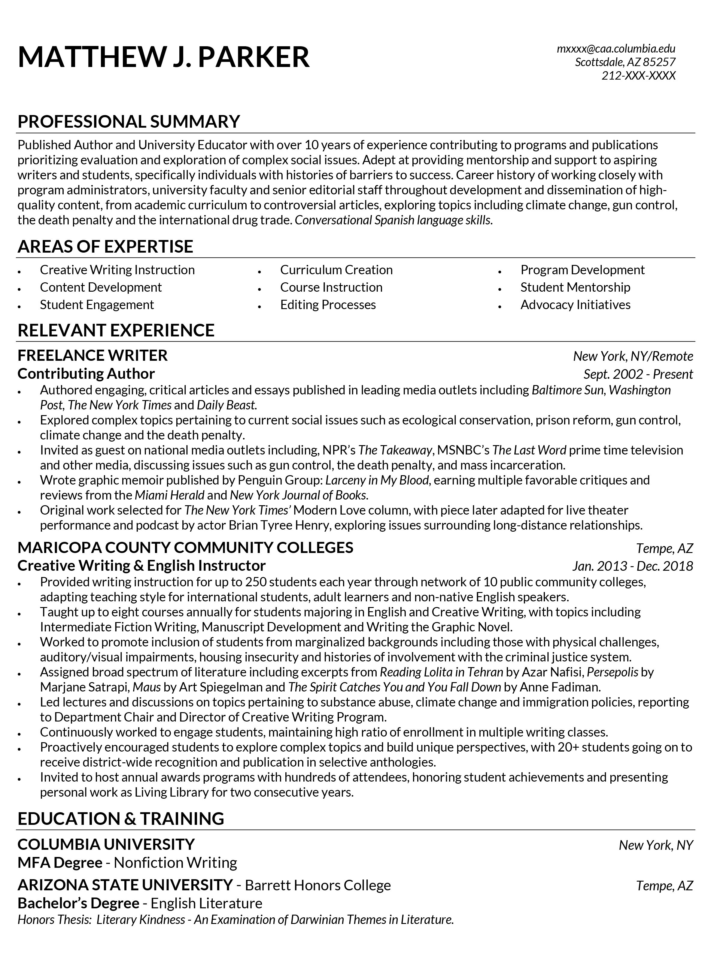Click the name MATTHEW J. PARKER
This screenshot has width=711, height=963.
[163, 57]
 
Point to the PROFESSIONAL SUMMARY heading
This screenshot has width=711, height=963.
[128, 122]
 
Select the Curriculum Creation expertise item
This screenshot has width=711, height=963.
[336, 270]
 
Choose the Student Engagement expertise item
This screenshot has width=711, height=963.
[97, 305]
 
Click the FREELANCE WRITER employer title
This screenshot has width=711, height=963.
[93, 355]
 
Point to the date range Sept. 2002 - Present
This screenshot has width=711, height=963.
[638, 374]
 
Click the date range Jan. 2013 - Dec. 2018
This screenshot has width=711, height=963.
[632, 565]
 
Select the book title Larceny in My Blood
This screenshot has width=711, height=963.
[377, 480]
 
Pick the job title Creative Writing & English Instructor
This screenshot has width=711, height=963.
[141, 565]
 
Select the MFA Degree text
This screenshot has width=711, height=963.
[60, 862]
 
